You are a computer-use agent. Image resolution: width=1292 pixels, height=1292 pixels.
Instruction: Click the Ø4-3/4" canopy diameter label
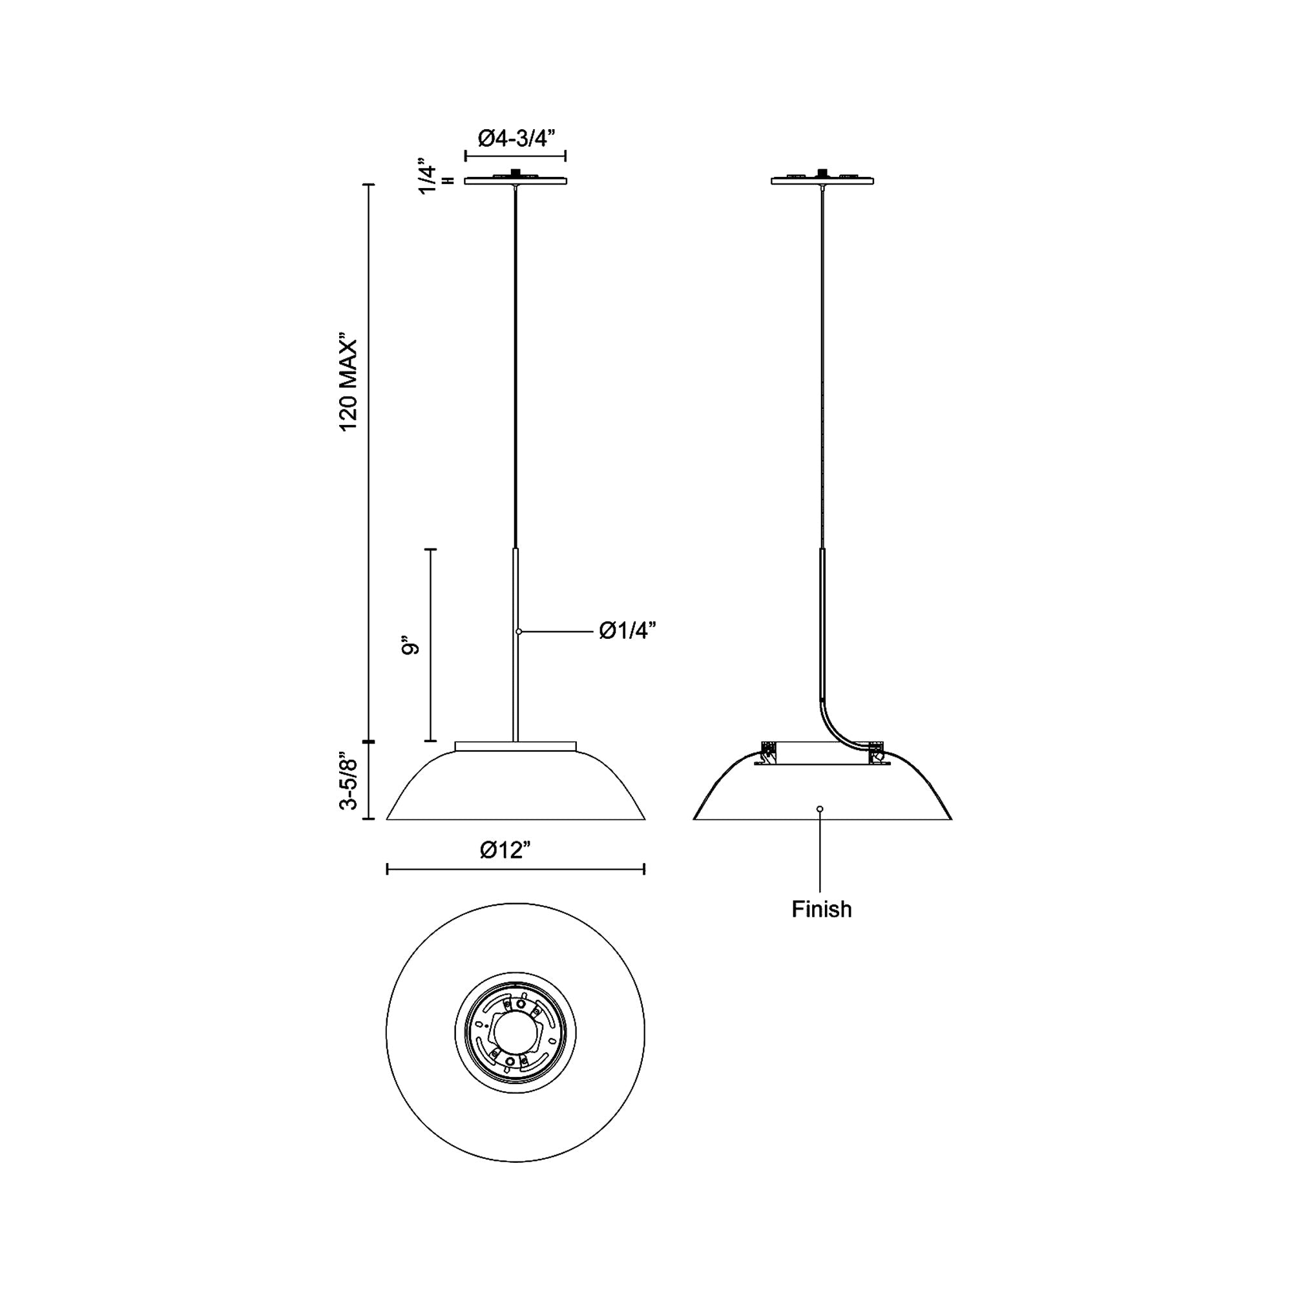pos(517,139)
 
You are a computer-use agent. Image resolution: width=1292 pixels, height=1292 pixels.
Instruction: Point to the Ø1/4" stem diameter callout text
pos(627,630)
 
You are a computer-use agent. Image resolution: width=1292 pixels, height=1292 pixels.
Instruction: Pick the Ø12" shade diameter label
pos(506,850)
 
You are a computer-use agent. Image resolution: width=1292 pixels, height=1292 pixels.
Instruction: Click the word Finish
pos(821,910)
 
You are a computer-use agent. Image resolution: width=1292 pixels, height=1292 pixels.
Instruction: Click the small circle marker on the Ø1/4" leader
pos(519,631)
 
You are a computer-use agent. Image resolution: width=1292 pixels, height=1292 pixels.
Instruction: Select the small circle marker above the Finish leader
pos(820,809)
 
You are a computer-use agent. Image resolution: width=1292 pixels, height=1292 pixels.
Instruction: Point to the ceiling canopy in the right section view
pos(822,180)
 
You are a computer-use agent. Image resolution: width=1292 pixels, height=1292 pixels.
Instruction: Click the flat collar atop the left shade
pos(515,745)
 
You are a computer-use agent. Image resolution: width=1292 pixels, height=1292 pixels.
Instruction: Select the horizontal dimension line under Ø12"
pos(515,870)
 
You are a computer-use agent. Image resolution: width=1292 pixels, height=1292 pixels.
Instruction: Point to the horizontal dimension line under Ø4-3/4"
pos(516,156)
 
